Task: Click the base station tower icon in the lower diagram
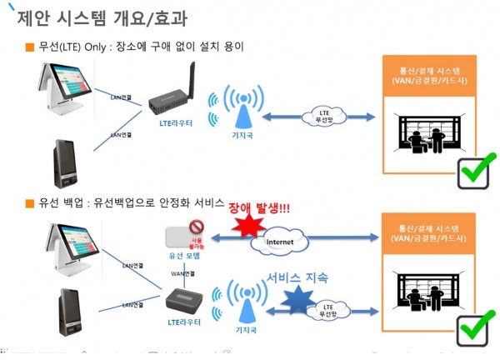tap(244, 303)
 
